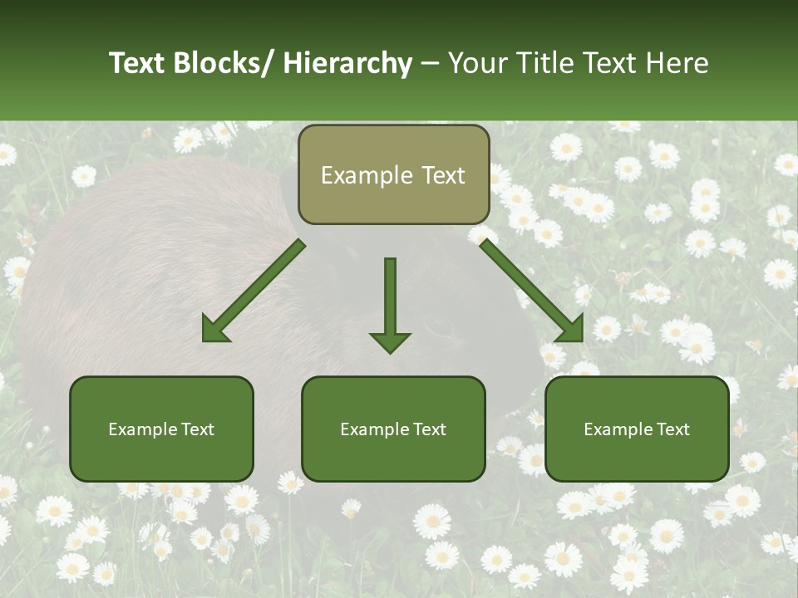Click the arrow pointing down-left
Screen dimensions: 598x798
click(x=254, y=292)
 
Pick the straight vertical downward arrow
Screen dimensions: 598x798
click(x=390, y=303)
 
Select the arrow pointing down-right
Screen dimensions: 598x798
click(x=532, y=291)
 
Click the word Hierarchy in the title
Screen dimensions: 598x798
click(x=347, y=63)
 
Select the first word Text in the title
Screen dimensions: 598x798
click(x=138, y=63)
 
